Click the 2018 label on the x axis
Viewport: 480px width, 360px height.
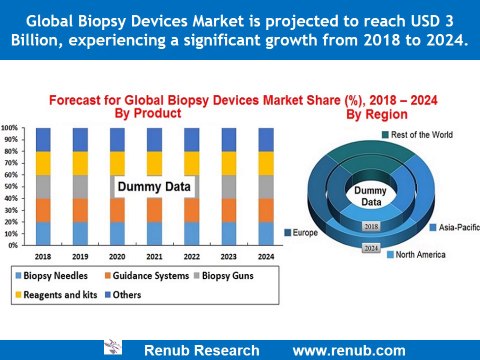tap(44, 255)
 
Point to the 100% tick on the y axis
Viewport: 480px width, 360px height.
tap(9, 128)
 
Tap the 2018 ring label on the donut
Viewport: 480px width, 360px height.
tap(371, 228)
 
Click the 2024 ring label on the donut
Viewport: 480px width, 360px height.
tap(371, 247)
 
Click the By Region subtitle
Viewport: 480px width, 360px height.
tap(377, 115)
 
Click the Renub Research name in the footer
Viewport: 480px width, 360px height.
tap(201, 350)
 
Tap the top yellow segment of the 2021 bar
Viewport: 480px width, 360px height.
tap(153, 163)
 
